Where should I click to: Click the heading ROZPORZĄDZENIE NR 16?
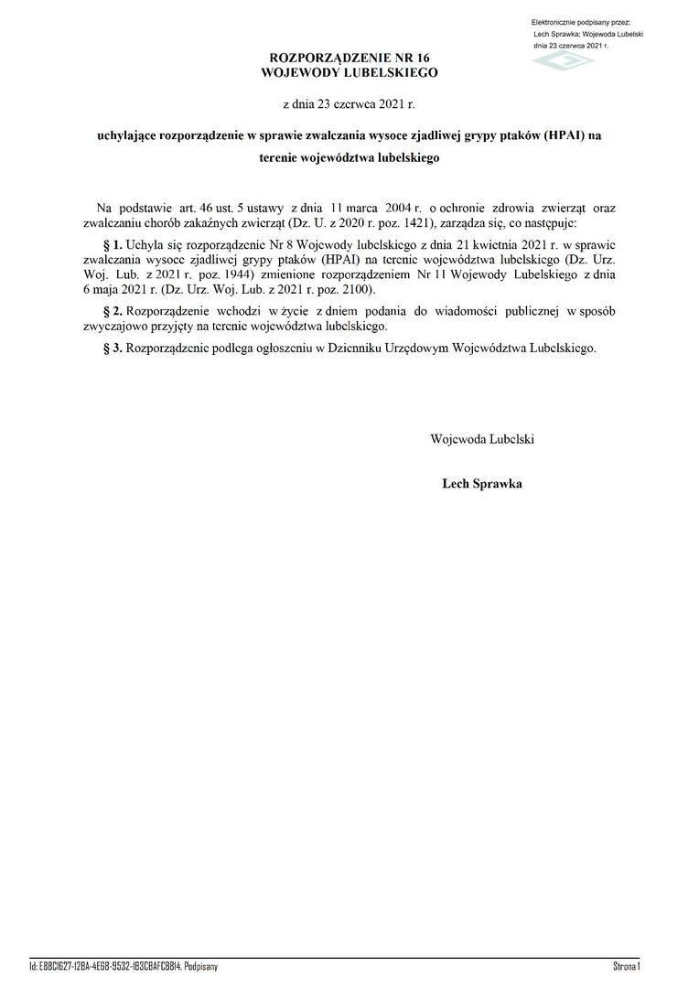coord(349,58)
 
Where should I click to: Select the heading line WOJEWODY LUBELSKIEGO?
coord(349,71)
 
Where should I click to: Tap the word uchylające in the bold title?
coord(126,136)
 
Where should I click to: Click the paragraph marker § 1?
coord(113,246)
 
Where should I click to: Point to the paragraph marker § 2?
coord(113,312)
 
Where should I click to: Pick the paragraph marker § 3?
coord(113,349)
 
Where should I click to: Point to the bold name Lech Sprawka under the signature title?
coord(482,484)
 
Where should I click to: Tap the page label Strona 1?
coord(626,966)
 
